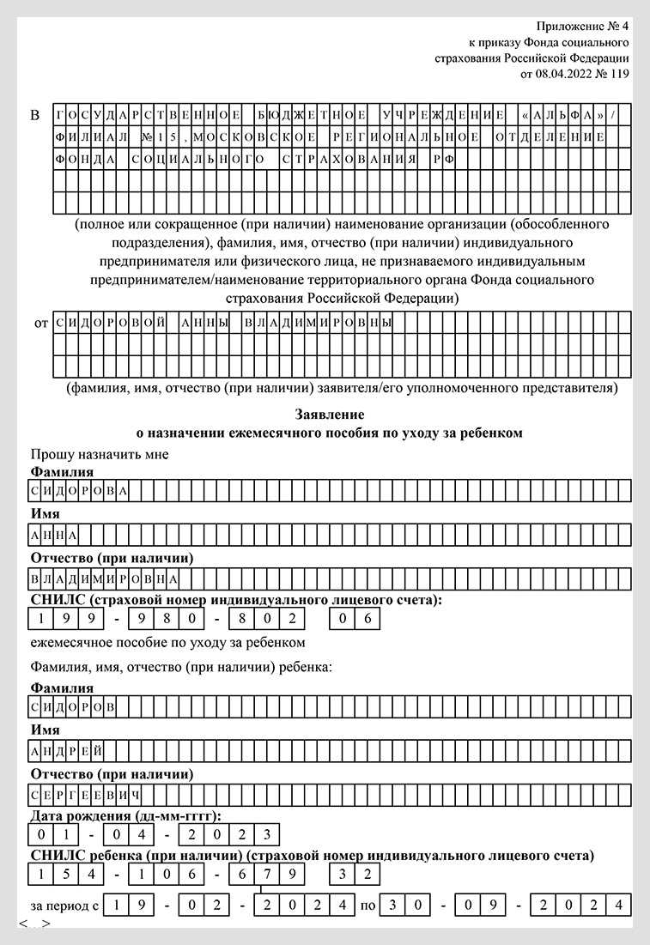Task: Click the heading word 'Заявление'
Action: click(330, 415)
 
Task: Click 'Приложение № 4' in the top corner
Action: click(582, 26)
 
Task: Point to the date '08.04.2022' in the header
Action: click(562, 75)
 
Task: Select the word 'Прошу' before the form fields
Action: click(50, 454)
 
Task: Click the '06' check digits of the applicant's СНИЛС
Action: click(354, 618)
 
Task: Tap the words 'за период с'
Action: click(65, 905)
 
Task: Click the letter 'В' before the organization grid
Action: click(35, 114)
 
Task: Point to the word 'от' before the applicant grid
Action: click(40, 324)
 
